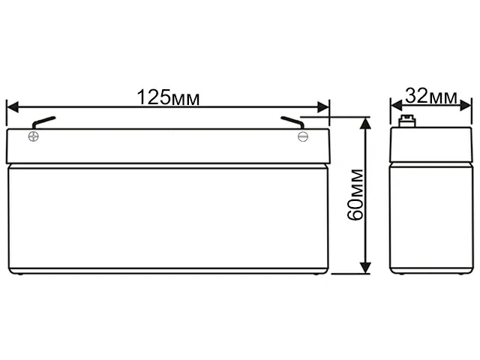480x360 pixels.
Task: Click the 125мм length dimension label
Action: [168, 97]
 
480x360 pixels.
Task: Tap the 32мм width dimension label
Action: [430, 97]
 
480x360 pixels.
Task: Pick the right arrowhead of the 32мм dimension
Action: [466, 107]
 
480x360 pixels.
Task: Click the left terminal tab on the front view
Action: [43, 122]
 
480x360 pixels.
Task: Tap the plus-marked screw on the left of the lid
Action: [33, 136]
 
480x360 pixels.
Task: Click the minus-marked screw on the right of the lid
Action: [303, 136]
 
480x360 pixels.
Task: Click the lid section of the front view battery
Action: [168, 147]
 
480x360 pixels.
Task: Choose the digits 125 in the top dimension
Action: [153, 97]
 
